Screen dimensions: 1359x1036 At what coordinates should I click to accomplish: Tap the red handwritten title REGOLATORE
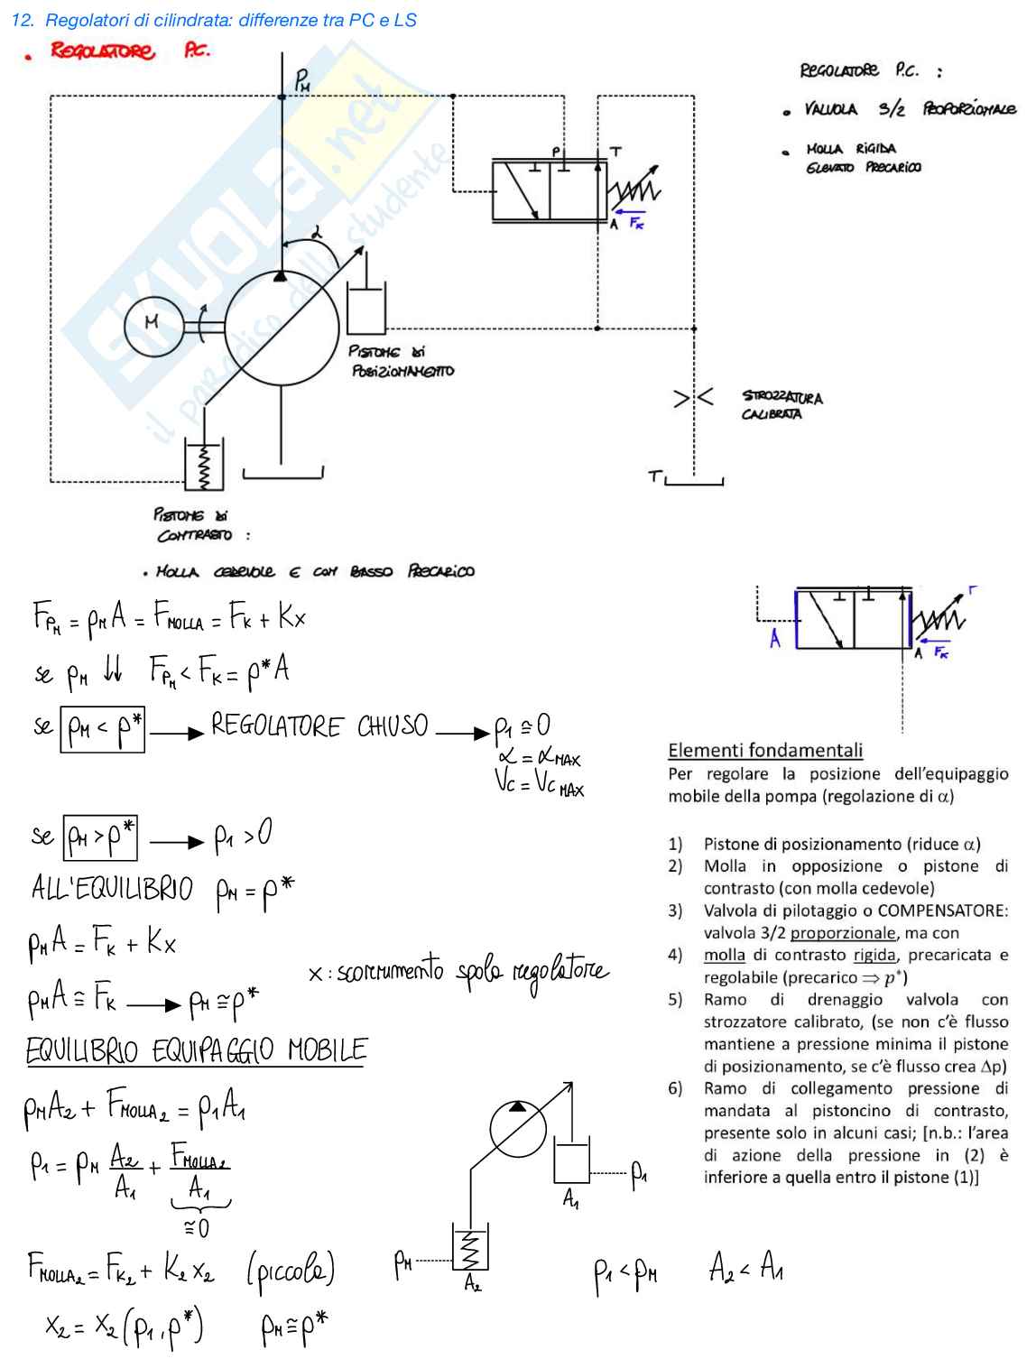(102, 51)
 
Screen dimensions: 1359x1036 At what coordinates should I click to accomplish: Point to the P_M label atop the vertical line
(302, 80)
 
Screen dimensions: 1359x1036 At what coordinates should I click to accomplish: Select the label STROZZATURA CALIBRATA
(782, 405)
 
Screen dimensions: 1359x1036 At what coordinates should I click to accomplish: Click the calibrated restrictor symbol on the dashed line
(693, 397)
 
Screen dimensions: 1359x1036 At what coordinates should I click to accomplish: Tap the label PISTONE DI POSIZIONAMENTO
(401, 361)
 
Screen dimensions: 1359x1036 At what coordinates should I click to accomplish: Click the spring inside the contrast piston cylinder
(205, 467)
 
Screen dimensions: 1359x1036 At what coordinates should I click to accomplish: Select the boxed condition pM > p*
(100, 838)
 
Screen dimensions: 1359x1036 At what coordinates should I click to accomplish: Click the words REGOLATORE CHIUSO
(319, 726)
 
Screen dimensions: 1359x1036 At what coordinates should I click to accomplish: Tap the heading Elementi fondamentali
(765, 750)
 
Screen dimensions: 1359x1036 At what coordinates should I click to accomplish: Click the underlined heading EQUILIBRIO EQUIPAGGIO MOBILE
(196, 1051)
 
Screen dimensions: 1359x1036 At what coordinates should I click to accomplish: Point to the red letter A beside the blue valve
(775, 638)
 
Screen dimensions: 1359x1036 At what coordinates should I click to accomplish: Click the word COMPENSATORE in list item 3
(942, 911)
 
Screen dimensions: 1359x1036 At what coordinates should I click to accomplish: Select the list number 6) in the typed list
(675, 1088)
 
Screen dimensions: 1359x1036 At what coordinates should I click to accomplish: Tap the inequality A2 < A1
(745, 1267)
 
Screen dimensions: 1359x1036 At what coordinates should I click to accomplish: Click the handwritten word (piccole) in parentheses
(291, 1269)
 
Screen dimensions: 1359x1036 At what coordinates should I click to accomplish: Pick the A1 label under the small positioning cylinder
(571, 1198)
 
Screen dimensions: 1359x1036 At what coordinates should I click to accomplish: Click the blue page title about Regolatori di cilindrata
(215, 20)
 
